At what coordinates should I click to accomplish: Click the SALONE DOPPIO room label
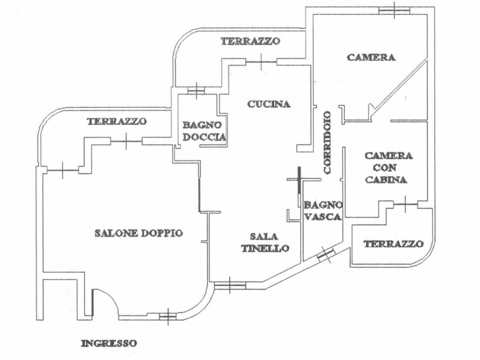(x=138, y=233)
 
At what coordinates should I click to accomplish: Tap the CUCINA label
(x=269, y=104)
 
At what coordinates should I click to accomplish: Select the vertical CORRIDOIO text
(x=327, y=142)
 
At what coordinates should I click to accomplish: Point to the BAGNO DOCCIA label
(x=204, y=131)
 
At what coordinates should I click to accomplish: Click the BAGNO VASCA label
(x=323, y=211)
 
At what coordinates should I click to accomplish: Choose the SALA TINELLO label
(x=265, y=242)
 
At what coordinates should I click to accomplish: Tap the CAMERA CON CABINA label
(x=388, y=168)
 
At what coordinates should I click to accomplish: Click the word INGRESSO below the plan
(x=109, y=343)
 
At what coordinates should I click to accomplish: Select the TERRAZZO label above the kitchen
(x=250, y=41)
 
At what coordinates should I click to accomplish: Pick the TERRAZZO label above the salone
(x=117, y=121)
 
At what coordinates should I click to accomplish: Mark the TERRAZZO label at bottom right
(x=393, y=244)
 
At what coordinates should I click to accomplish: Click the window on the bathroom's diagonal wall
(x=325, y=256)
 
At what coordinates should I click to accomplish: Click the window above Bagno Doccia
(x=196, y=90)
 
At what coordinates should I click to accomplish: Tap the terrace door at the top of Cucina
(x=261, y=61)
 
